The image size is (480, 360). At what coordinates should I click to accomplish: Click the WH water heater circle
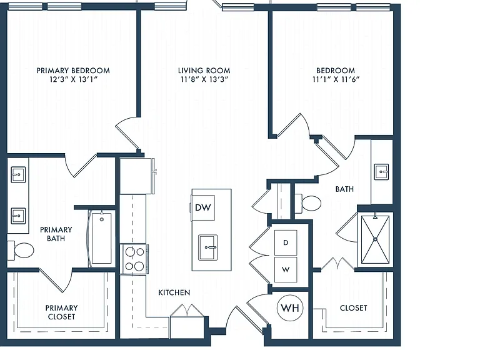(x=290, y=307)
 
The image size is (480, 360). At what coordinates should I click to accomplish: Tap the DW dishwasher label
(x=203, y=207)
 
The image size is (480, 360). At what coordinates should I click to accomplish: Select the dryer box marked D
(x=286, y=242)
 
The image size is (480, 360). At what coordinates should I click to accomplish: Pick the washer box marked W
(x=286, y=269)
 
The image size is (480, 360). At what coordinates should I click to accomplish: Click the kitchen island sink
(x=208, y=247)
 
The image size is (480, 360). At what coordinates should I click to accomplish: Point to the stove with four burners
(x=134, y=259)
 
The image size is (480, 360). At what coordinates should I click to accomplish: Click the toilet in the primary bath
(x=21, y=250)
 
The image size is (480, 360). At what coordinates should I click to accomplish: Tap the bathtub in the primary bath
(x=102, y=238)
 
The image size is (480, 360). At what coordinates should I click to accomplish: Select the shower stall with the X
(x=375, y=239)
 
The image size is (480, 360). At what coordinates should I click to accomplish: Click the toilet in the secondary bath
(x=309, y=203)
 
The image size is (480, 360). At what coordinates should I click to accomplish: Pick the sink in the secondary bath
(x=381, y=172)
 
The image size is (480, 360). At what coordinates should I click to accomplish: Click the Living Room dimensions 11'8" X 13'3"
(x=204, y=79)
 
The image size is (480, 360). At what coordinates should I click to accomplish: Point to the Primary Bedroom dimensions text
(x=73, y=79)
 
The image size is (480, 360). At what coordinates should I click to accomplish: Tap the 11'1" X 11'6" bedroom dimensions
(x=336, y=79)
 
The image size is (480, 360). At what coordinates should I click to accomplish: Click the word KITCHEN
(x=174, y=292)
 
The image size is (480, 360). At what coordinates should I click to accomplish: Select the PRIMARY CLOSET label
(x=61, y=312)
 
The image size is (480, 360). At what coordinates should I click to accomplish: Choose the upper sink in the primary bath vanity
(x=18, y=174)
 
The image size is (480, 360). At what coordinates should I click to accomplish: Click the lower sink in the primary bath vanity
(x=18, y=216)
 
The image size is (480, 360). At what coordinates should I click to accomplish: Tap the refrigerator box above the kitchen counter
(x=136, y=176)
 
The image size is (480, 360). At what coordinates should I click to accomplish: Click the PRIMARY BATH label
(x=56, y=234)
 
